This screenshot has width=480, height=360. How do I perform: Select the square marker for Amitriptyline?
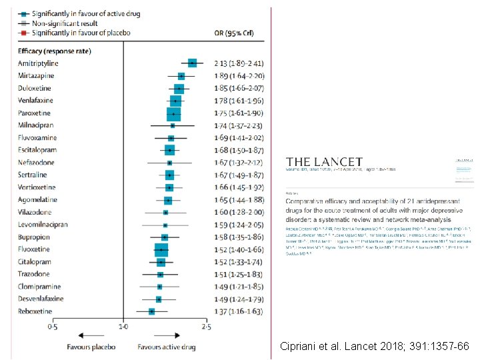point(193,63)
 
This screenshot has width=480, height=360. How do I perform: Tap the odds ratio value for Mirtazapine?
point(239,76)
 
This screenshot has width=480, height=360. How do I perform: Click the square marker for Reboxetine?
point(152,311)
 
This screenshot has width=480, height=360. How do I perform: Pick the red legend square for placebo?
point(22,32)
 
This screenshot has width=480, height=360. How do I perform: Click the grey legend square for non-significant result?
point(22,23)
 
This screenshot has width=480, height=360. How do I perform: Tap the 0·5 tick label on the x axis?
point(53,327)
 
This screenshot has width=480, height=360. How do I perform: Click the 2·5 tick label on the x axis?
point(207,327)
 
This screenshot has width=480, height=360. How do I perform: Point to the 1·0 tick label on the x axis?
point(123,327)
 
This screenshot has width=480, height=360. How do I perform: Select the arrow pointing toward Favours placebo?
point(86,335)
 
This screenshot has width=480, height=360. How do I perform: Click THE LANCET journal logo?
point(324,162)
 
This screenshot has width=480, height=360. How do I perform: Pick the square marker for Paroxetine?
point(173,113)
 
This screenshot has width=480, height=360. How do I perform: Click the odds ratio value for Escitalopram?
point(239,150)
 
